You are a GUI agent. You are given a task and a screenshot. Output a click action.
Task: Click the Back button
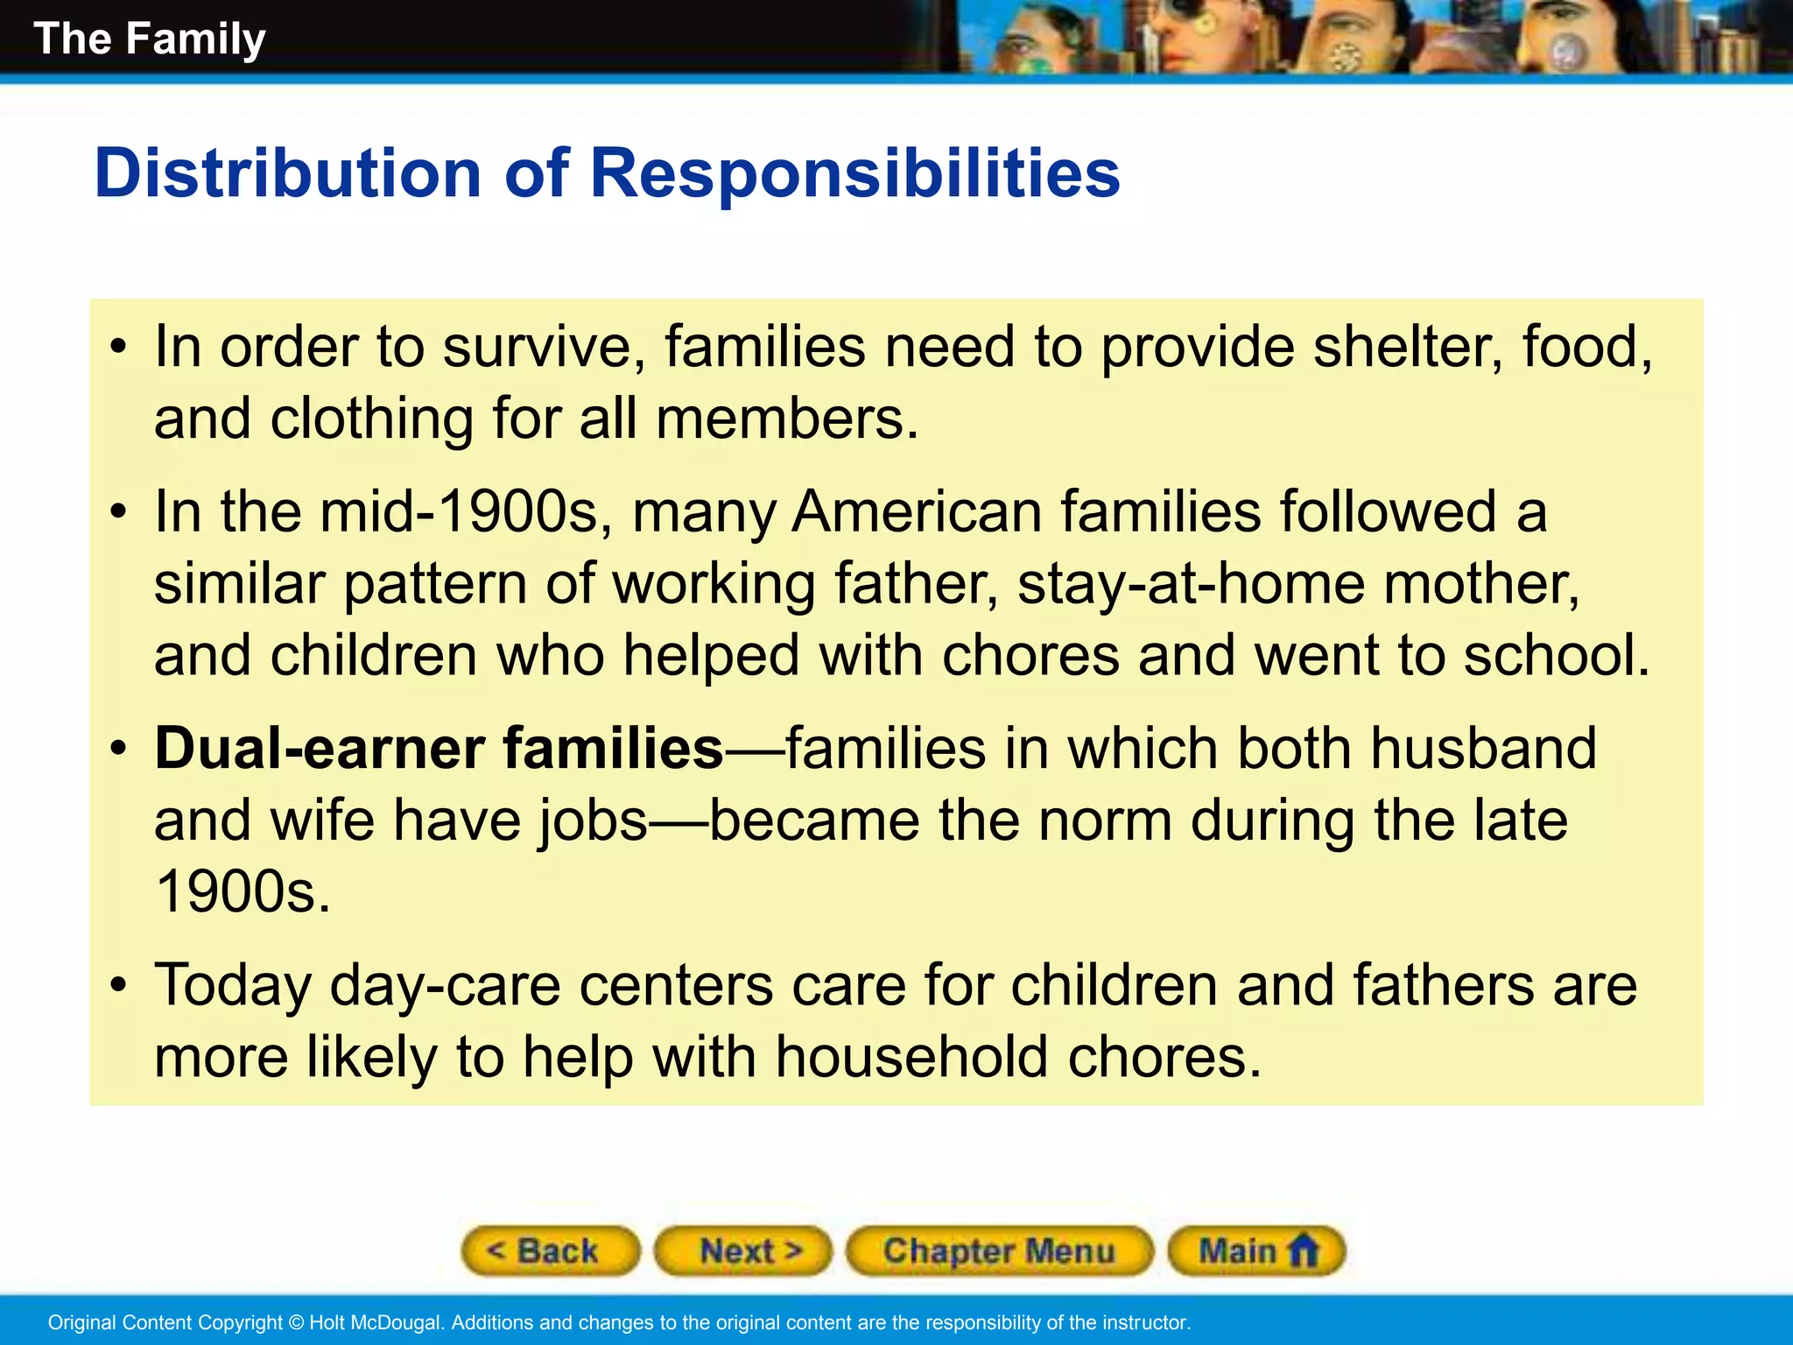click(550, 1250)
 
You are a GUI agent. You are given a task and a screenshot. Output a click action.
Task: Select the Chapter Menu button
click(999, 1250)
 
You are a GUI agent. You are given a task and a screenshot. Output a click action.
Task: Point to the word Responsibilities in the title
click(854, 173)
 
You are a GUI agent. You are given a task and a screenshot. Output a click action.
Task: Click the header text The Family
click(150, 39)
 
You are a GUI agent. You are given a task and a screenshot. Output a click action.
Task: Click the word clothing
click(371, 419)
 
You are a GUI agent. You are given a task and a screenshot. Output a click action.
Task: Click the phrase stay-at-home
click(1190, 583)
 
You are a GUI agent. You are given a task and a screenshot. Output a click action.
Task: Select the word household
click(911, 1057)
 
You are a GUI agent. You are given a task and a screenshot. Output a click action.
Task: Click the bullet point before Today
click(119, 986)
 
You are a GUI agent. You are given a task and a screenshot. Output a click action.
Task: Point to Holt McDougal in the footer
click(376, 1322)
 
